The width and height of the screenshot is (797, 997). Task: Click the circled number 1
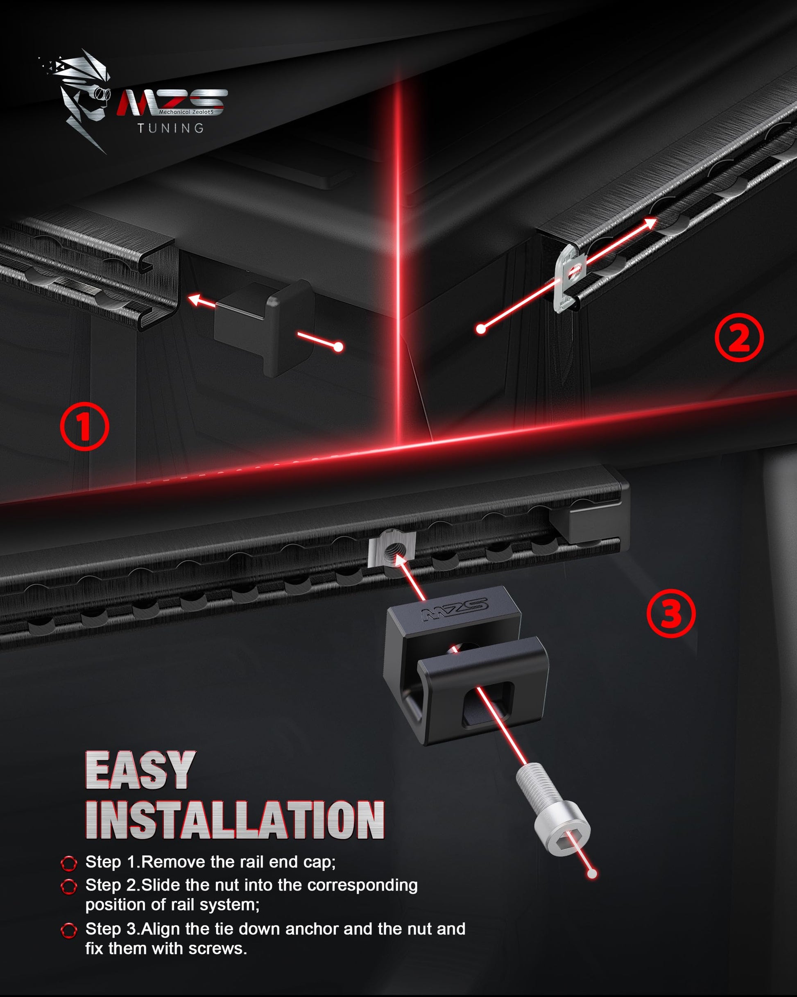pos(85,426)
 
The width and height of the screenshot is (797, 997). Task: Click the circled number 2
pos(739,338)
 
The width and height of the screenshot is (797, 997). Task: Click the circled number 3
pos(671,613)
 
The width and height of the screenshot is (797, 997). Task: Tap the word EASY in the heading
pos(140,770)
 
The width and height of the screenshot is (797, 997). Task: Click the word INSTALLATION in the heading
pos(235,820)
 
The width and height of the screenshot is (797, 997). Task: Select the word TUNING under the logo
pos(171,128)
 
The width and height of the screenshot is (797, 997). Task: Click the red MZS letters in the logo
pos(172,102)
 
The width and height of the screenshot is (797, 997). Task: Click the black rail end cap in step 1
pos(265,327)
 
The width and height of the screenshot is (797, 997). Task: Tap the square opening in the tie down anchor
pos(488,704)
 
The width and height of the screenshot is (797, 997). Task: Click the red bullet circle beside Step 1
pos(69,863)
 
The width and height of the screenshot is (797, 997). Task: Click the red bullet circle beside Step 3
pos(69,930)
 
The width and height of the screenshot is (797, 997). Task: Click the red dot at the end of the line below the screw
pos(592,874)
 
